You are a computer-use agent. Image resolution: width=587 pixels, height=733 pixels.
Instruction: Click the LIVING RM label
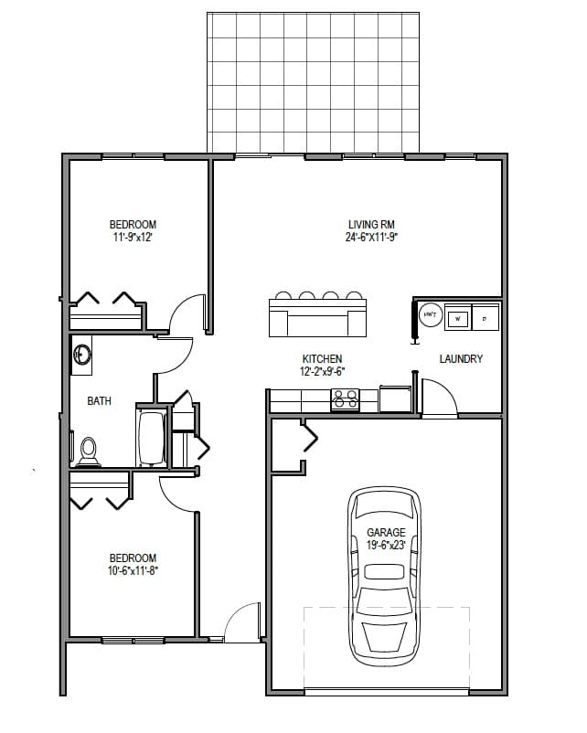pos(370,224)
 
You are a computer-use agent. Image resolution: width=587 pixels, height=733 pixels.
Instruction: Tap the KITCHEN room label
pos(322,359)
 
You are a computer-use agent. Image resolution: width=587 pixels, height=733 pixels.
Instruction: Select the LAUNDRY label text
pos(461,359)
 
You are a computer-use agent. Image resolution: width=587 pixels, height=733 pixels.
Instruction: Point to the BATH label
pos(99,400)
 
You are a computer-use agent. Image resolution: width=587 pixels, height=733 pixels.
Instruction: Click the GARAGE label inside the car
pos(385,532)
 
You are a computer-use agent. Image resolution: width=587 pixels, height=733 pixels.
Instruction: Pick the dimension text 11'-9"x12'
pos(133,237)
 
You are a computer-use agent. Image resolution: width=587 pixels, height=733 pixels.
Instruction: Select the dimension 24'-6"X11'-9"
pos(370,237)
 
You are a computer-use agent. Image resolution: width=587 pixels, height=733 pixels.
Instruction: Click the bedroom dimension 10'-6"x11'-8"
pos(133,570)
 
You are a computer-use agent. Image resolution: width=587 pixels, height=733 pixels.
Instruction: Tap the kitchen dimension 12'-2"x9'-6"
pos(322,372)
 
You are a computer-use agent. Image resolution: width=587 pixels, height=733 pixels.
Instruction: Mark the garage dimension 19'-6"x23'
pos(385,545)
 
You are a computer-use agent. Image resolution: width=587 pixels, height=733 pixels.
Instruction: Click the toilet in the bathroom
pos(88,449)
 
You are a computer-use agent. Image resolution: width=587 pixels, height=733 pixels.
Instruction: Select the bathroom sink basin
pos(82,354)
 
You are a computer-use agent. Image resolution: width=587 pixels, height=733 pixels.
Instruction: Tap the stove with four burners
pos(345,399)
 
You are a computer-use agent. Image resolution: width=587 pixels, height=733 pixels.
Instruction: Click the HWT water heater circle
pos(430,315)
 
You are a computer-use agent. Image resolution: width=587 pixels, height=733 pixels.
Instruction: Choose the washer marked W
pos(457,317)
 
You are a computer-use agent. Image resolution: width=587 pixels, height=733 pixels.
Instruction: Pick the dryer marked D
pos(485,317)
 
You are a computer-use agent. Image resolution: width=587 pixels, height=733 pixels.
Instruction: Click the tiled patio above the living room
pos(314,82)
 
